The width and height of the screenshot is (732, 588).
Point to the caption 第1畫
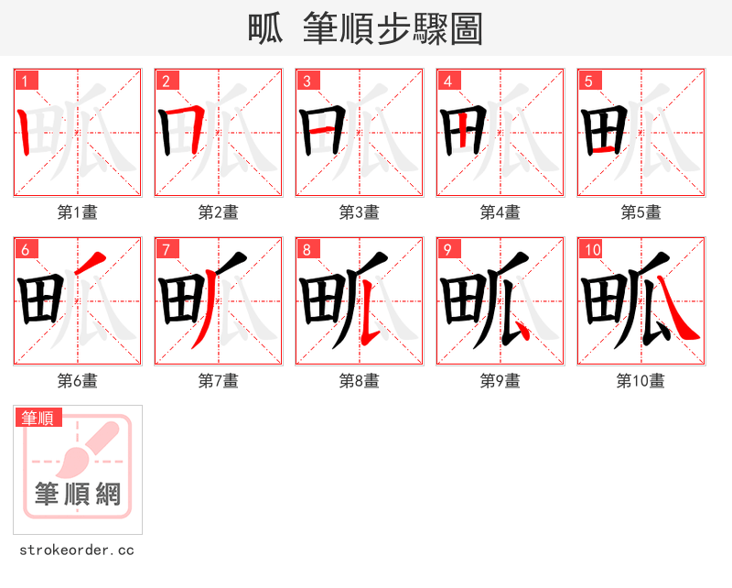tap(78, 212)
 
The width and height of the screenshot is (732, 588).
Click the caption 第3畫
tap(360, 212)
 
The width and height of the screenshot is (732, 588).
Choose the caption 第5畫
tap(641, 212)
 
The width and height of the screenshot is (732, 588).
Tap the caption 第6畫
tap(78, 381)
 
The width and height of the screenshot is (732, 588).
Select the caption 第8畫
tap(360, 381)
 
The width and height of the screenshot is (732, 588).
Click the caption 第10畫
tap(641, 381)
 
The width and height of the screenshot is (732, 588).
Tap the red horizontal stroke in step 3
tap(317, 132)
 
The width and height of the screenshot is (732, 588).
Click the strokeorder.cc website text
tap(77, 550)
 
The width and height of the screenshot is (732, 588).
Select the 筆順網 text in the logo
tap(78, 495)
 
